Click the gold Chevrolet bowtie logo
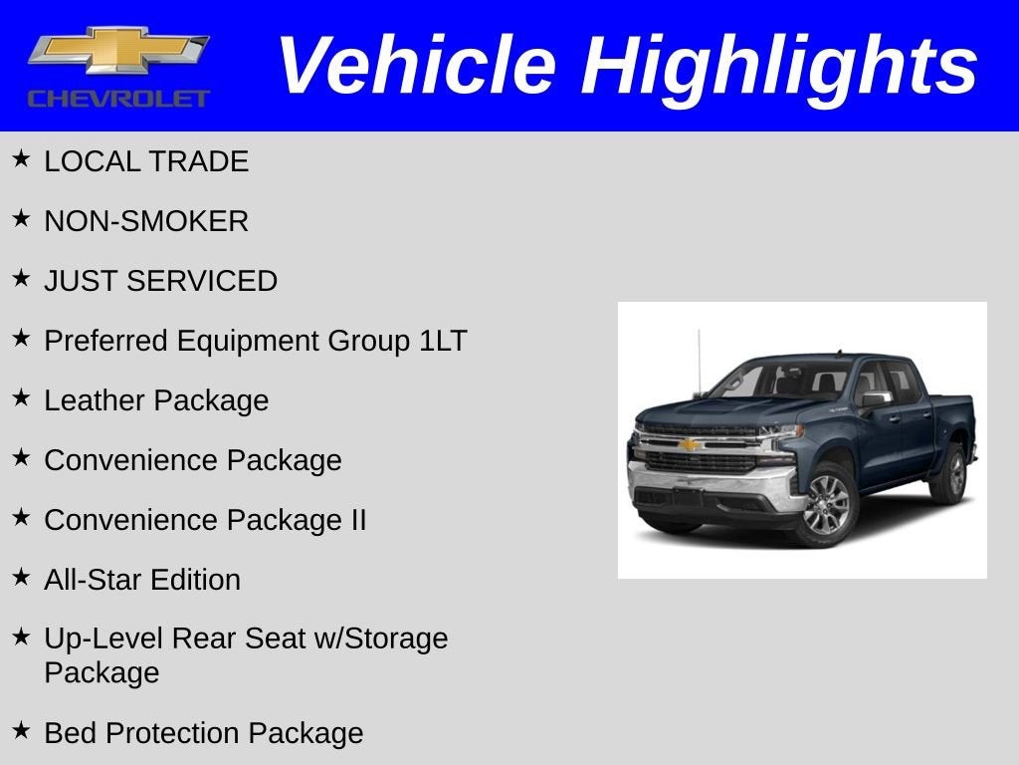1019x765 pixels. pos(118,53)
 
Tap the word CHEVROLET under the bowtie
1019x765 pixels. pos(118,99)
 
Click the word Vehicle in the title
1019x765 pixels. pos(415,66)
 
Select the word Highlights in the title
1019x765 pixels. pos(779,66)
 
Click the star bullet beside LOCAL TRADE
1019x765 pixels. pos(21,159)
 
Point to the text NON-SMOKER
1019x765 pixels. pos(146,221)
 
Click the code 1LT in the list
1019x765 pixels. pos(442,341)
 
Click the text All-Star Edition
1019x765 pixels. pos(142,580)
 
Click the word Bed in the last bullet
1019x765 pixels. pos(70,733)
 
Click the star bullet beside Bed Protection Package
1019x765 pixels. pos(21,731)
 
